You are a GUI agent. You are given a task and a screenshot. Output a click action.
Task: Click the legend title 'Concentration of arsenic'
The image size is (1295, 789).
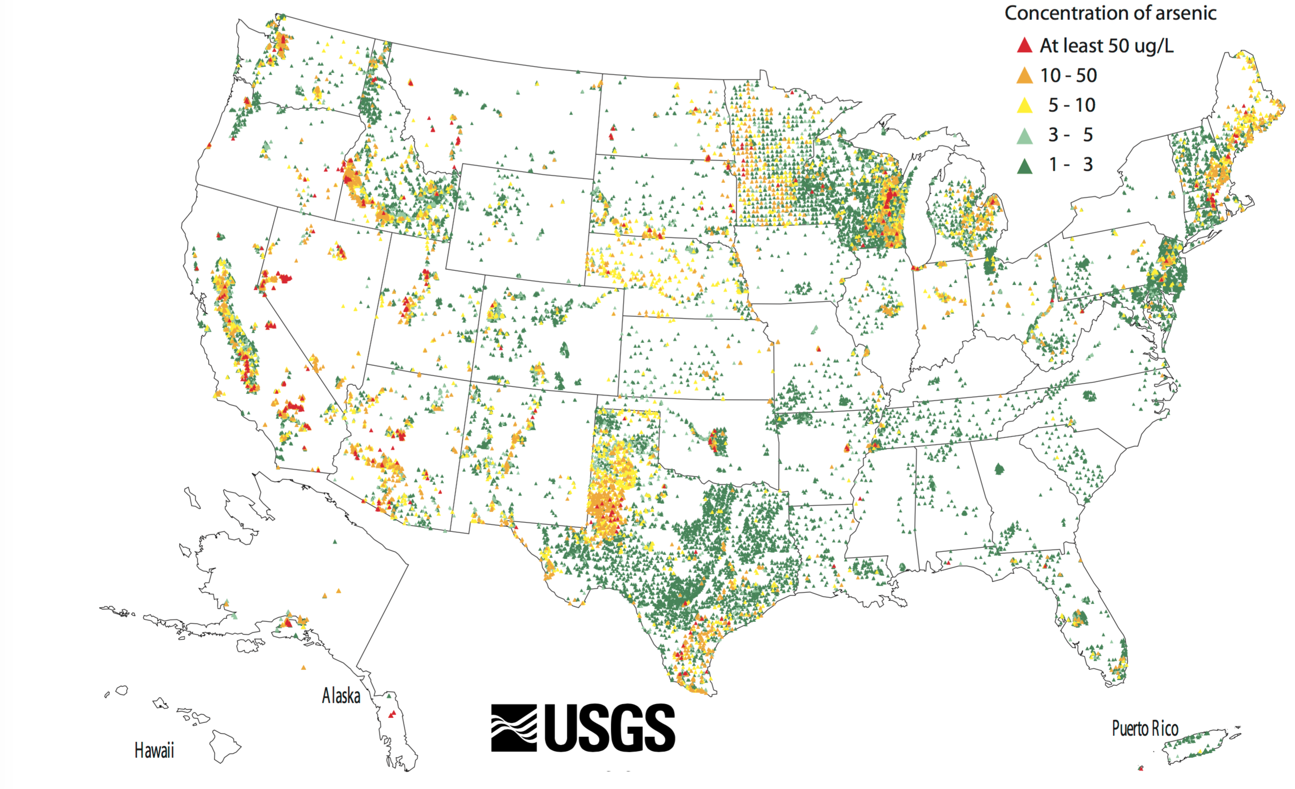pos(1110,13)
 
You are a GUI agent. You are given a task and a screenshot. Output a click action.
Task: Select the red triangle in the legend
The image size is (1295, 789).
pos(1024,45)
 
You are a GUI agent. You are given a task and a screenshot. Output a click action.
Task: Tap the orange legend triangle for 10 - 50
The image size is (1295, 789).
pos(1024,76)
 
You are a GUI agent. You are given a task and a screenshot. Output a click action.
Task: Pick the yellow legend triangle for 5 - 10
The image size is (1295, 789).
pos(1024,105)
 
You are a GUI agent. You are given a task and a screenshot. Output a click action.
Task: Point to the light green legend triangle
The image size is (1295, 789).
pos(1024,136)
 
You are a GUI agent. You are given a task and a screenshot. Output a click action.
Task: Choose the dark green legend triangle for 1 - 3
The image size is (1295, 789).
pos(1024,166)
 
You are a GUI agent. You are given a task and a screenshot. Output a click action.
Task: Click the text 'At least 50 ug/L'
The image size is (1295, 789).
pos(1107,46)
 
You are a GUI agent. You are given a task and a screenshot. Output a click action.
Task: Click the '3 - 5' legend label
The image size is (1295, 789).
pos(1070,135)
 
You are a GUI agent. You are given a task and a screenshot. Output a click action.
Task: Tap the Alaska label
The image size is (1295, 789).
pos(341,696)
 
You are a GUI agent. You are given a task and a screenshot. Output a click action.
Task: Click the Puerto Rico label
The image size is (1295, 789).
pos(1145,729)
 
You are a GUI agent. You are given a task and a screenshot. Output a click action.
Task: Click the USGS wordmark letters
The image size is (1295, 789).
pos(610,728)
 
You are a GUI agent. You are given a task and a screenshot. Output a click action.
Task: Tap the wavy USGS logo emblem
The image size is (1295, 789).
pos(514,728)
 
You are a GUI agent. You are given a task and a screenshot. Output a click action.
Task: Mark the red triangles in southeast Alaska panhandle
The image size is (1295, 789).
pos(392,714)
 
